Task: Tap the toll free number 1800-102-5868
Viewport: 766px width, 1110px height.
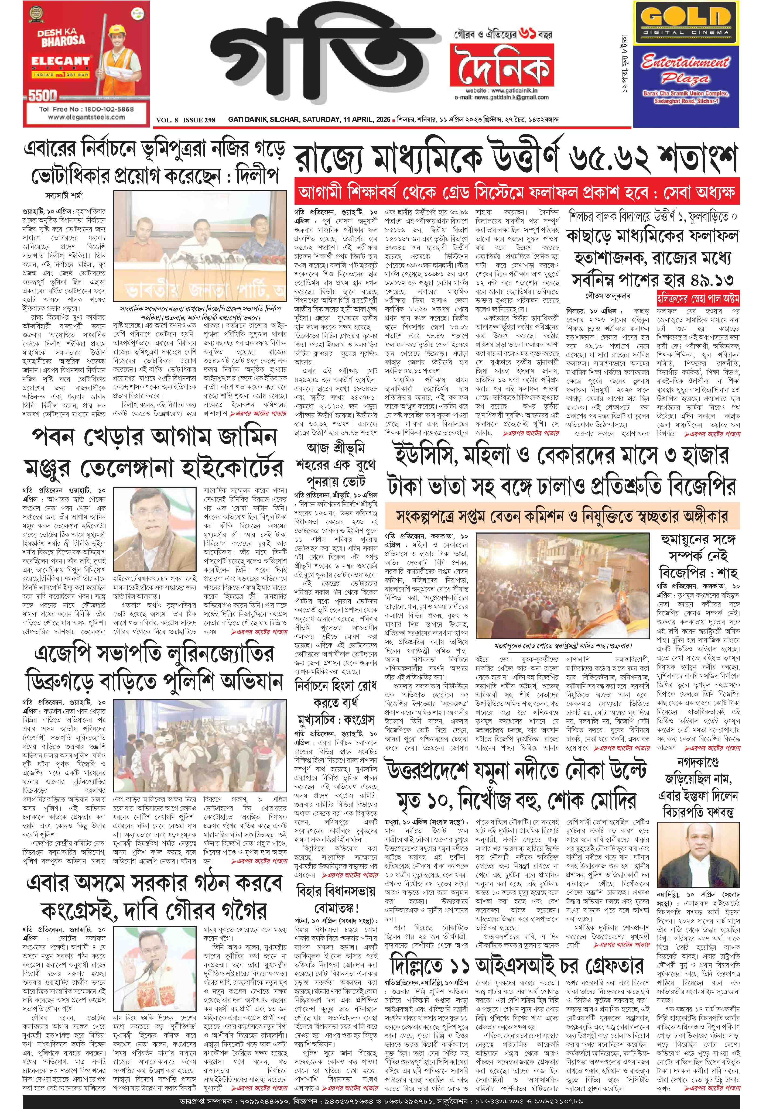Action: (86, 109)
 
